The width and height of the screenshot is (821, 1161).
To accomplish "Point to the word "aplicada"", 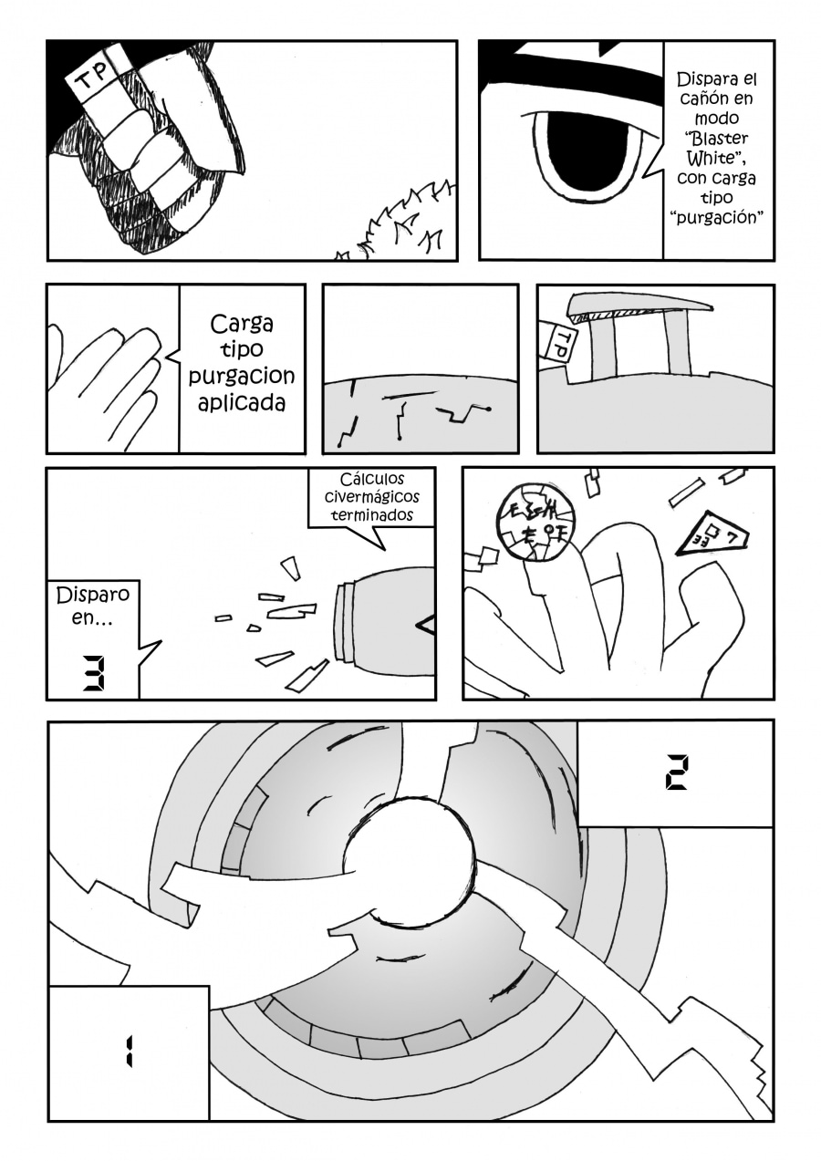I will point(242,402).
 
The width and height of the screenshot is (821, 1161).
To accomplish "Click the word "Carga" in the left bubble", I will point(242,324).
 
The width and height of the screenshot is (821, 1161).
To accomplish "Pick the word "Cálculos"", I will point(372,479).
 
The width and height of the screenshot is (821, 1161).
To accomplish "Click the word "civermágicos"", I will point(372,497).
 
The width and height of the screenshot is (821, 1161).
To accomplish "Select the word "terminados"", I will point(372,515).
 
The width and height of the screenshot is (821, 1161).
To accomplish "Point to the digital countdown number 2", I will point(675,772).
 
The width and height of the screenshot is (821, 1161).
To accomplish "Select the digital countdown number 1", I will point(129,1052).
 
